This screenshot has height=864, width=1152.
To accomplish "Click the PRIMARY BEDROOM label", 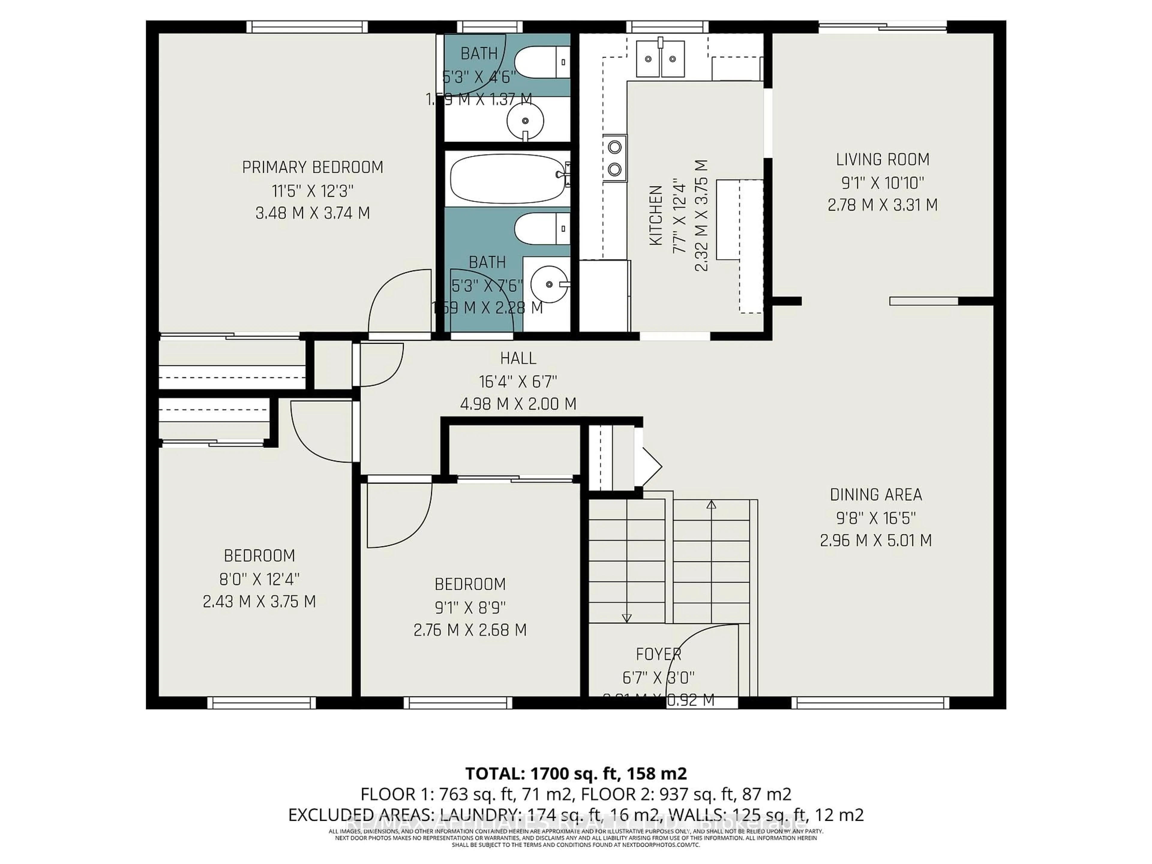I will click(x=313, y=167).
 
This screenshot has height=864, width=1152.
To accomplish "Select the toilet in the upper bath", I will click(x=541, y=62).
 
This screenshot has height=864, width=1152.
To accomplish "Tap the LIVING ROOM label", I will click(x=882, y=159).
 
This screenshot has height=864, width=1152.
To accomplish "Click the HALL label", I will click(x=518, y=358).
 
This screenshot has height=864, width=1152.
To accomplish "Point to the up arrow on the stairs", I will click(x=711, y=505).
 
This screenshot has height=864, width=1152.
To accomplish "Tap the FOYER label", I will click(x=658, y=654).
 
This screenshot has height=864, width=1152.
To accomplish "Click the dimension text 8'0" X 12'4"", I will click(x=259, y=579).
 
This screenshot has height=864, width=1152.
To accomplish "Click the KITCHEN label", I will click(x=656, y=215).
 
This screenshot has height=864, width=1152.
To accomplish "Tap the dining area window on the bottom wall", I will click(x=870, y=703).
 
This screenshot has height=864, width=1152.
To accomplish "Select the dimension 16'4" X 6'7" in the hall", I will click(x=518, y=382).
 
